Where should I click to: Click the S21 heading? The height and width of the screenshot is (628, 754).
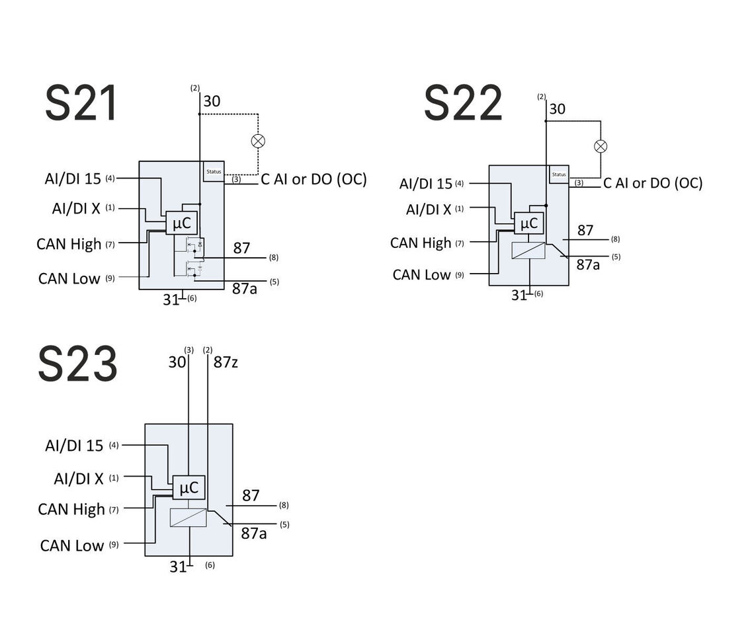click(x=81, y=104)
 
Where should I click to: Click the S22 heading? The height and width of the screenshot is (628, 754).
click(x=463, y=104)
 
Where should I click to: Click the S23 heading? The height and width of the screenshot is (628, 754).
click(x=77, y=364)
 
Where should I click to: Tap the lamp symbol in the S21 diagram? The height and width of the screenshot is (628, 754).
click(x=258, y=141)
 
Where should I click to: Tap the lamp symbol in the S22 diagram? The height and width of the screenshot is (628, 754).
click(x=601, y=146)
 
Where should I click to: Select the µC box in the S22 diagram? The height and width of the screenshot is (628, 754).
click(x=528, y=223)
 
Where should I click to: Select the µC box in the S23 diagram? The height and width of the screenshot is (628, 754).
click(x=188, y=488)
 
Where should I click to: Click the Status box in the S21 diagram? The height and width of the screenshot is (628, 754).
click(x=214, y=171)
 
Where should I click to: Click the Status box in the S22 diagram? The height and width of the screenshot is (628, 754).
click(x=559, y=175)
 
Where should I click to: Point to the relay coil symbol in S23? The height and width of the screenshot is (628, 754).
click(x=188, y=517)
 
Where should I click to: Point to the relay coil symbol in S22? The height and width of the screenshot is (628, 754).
click(x=528, y=250)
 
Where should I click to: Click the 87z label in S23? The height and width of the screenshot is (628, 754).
click(x=226, y=362)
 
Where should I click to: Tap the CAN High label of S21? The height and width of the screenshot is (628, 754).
click(x=69, y=244)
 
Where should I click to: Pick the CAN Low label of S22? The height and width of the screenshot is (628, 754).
click(x=421, y=274)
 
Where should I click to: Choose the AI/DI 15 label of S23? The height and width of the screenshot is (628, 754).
click(x=74, y=446)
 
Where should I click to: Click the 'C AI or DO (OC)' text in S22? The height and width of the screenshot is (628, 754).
click(x=652, y=183)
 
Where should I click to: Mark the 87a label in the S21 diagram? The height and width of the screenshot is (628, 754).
click(x=245, y=289)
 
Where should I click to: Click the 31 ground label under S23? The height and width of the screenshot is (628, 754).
click(x=177, y=567)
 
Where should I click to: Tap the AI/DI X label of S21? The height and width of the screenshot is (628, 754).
click(x=76, y=208)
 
